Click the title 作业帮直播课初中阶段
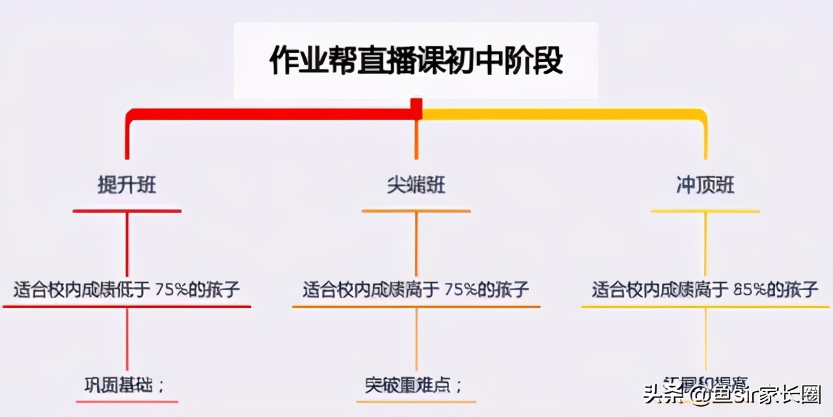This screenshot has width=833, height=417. [x=416, y=61]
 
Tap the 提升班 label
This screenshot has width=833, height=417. [x=127, y=186]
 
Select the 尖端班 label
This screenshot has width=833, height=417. [x=416, y=186]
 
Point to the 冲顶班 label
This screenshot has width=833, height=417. [x=705, y=186]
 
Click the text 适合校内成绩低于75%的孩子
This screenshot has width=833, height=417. [x=127, y=289]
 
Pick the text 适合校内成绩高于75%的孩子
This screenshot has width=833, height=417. [x=416, y=289]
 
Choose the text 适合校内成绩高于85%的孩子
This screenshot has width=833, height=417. [x=705, y=289]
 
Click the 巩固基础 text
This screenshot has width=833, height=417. [x=124, y=384]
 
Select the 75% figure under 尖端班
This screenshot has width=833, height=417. [x=462, y=290]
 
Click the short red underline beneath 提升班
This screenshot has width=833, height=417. [x=127, y=211]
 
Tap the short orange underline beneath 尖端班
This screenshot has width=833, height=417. [x=416, y=211]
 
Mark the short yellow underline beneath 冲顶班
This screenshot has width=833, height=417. [x=705, y=211]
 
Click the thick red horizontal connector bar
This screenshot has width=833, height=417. [x=273, y=115]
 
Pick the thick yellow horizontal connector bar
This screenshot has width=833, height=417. [x=560, y=115]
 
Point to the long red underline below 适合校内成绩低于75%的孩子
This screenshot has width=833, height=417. [x=127, y=306]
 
